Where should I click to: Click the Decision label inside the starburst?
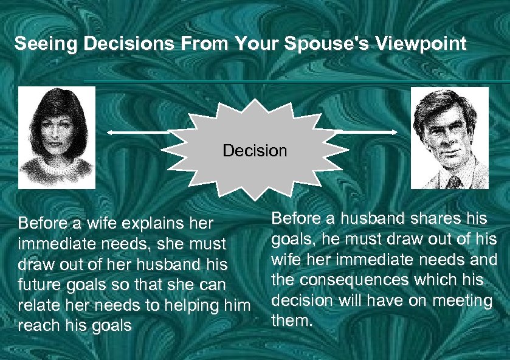pyautogui.click(x=255, y=150)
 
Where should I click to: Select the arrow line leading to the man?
pyautogui.click(x=359, y=131)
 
